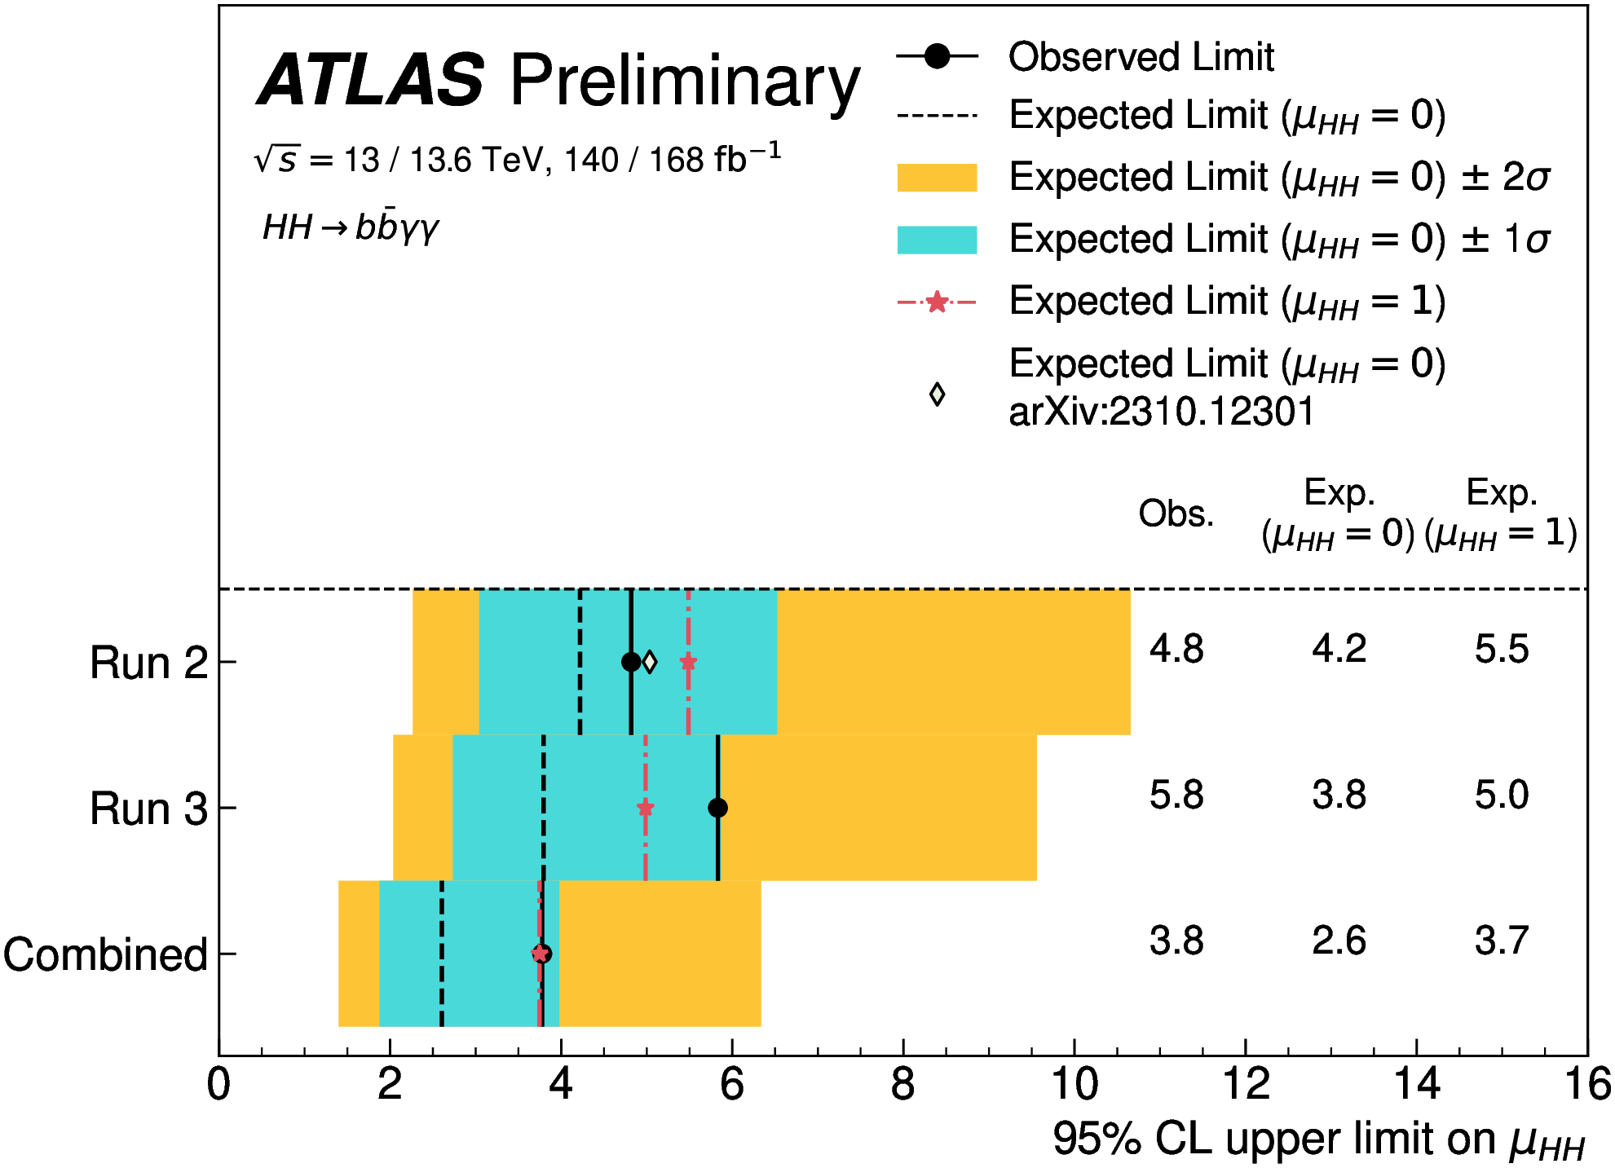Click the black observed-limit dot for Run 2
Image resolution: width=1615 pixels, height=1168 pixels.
click(630, 662)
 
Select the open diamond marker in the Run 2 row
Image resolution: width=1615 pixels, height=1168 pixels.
click(649, 662)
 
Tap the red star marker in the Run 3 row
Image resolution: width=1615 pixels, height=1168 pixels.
click(645, 808)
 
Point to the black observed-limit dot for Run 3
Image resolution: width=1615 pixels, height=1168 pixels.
click(717, 808)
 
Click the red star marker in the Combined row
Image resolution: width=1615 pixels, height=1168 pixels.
click(539, 954)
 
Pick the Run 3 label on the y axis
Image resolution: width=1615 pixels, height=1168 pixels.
click(148, 809)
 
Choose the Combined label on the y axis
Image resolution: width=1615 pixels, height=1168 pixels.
click(105, 954)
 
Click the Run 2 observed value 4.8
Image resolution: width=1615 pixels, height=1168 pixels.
click(1176, 650)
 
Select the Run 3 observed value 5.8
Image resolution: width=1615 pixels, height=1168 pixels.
click(1176, 795)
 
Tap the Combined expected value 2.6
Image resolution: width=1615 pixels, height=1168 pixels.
click(1339, 941)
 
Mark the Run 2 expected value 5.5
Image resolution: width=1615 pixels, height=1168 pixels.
click(1501, 650)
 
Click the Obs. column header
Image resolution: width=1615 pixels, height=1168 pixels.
click(1176, 513)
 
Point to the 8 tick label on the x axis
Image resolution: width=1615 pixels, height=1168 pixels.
click(902, 1085)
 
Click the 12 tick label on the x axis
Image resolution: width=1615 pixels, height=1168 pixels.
click(1245, 1085)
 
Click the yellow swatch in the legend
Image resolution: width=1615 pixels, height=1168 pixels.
click(937, 178)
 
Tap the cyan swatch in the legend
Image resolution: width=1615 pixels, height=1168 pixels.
click(937, 240)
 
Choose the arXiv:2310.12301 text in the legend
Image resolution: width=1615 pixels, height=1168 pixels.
click(1162, 412)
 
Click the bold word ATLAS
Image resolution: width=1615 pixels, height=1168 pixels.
click(372, 80)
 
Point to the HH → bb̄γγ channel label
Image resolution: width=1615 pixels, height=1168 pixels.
click(351, 227)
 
